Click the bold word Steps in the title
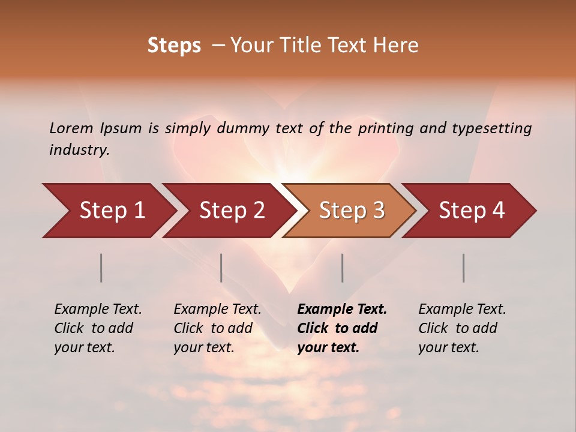coord(174,46)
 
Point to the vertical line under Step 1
coord(101,268)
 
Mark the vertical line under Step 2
coord(221,268)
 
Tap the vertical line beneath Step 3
coord(342,268)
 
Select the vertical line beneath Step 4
coord(464,268)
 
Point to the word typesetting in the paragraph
coord(491,128)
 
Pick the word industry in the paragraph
coord(79,150)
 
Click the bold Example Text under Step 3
coord(342,310)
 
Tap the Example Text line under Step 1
coord(98,310)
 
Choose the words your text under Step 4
coord(448,347)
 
